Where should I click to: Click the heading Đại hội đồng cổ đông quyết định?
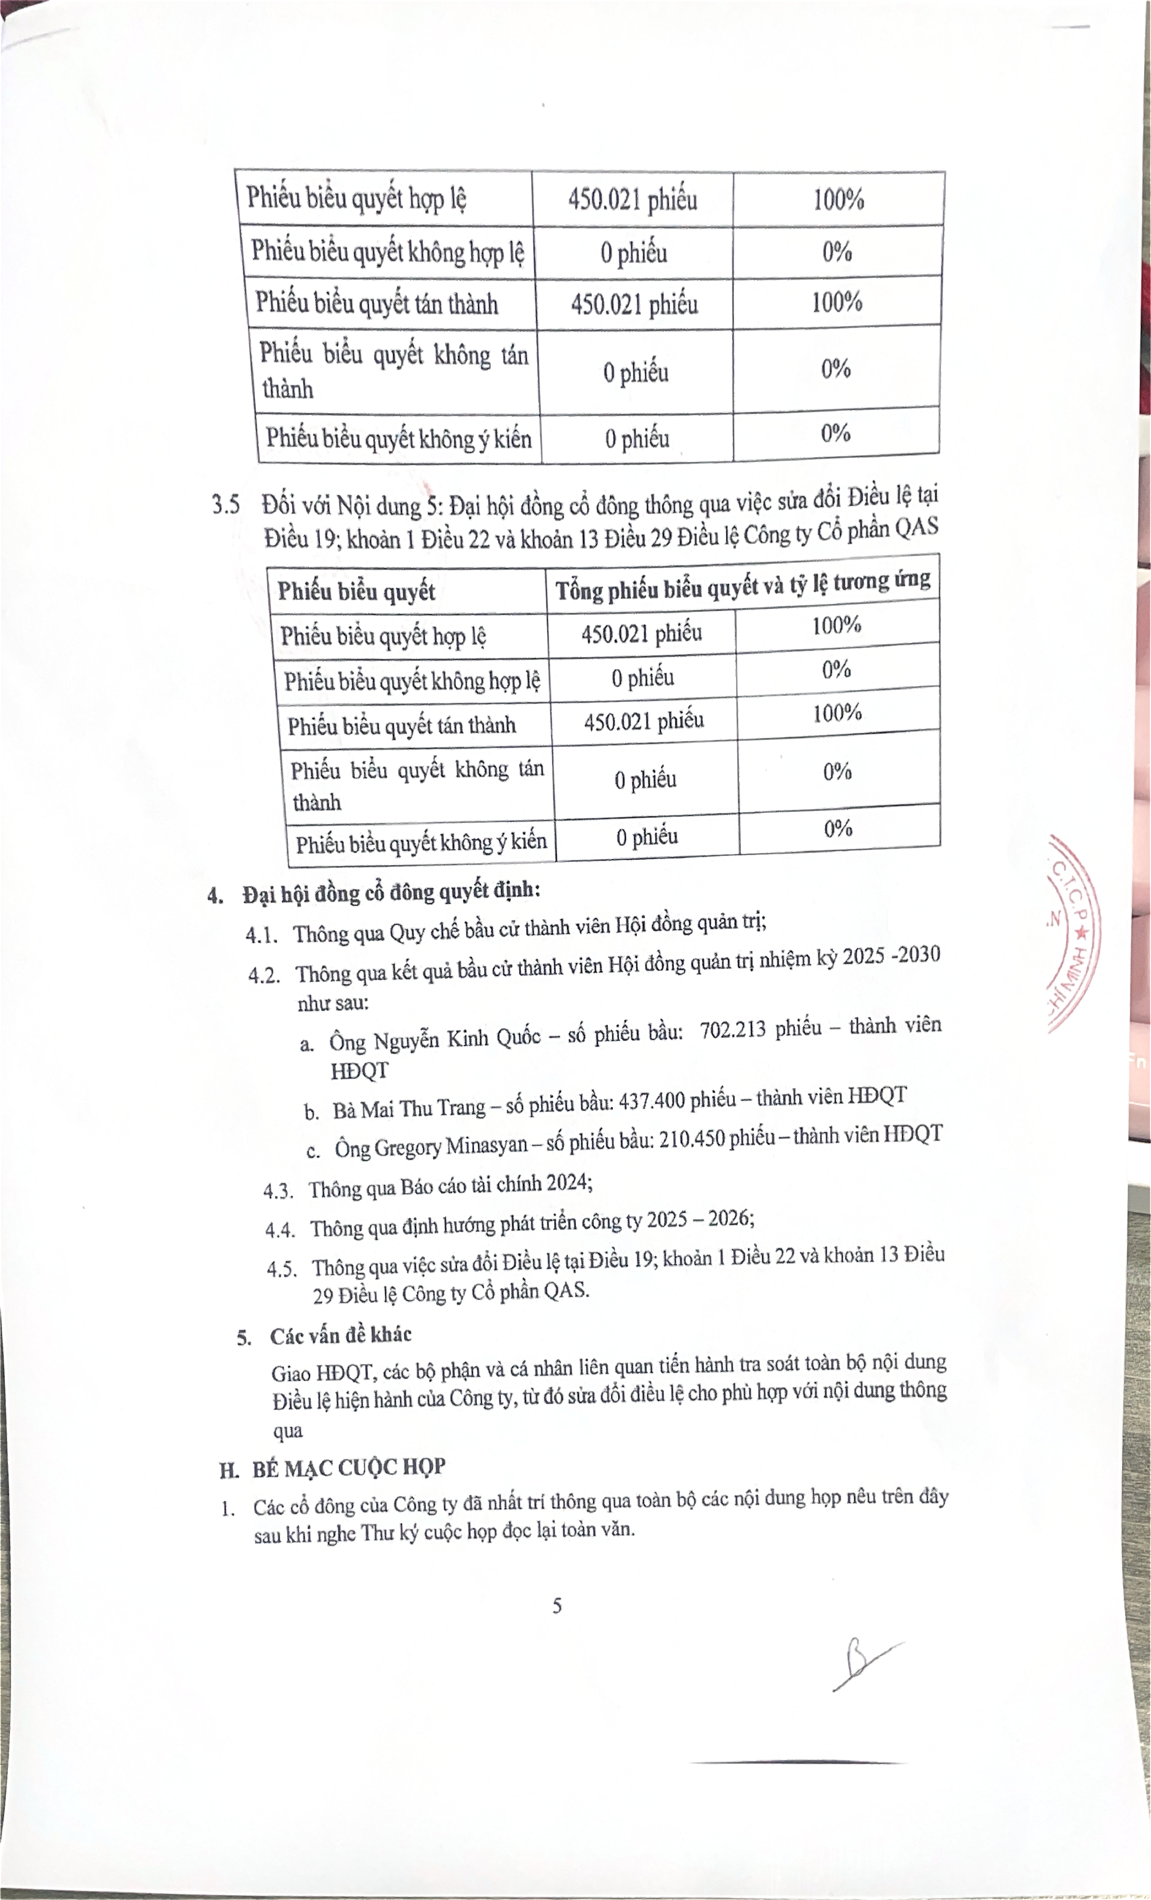tap(391, 893)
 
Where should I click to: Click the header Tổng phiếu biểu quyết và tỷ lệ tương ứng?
tap(742, 585)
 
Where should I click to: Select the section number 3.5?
tap(226, 505)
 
